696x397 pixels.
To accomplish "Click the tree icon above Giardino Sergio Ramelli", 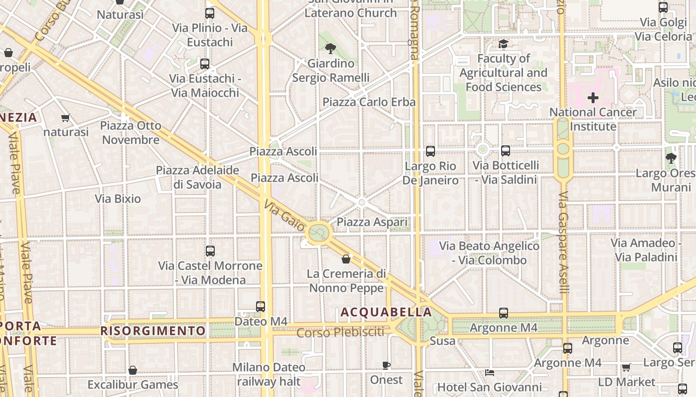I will click(331, 48).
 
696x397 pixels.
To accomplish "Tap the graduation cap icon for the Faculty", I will click(503, 44).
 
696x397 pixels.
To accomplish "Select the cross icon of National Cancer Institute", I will click(593, 98).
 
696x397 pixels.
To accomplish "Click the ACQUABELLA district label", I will click(386, 312).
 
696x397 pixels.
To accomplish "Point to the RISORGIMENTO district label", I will click(153, 331).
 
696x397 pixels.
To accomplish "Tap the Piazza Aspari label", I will click(372, 222).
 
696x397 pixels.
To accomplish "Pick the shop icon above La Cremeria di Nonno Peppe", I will click(346, 259).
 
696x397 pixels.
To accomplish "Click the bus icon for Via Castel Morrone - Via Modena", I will click(210, 251).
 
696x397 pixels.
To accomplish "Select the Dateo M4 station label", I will click(261, 322).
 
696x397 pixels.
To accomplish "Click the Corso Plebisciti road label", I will click(341, 332).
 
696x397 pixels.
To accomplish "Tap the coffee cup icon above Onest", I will click(386, 366).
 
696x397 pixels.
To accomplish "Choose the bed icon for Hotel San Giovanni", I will click(490, 373).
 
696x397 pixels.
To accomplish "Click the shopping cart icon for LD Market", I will click(626, 368).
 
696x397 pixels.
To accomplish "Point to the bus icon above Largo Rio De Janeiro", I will click(431, 151).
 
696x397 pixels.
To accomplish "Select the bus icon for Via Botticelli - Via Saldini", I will click(506, 151).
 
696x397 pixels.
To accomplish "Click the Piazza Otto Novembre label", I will click(131, 132).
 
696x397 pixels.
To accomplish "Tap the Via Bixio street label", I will click(118, 199).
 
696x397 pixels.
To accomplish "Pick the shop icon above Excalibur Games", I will click(133, 370).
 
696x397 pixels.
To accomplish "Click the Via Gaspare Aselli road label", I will click(563, 243).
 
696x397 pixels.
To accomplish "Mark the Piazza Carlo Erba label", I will click(369, 102).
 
